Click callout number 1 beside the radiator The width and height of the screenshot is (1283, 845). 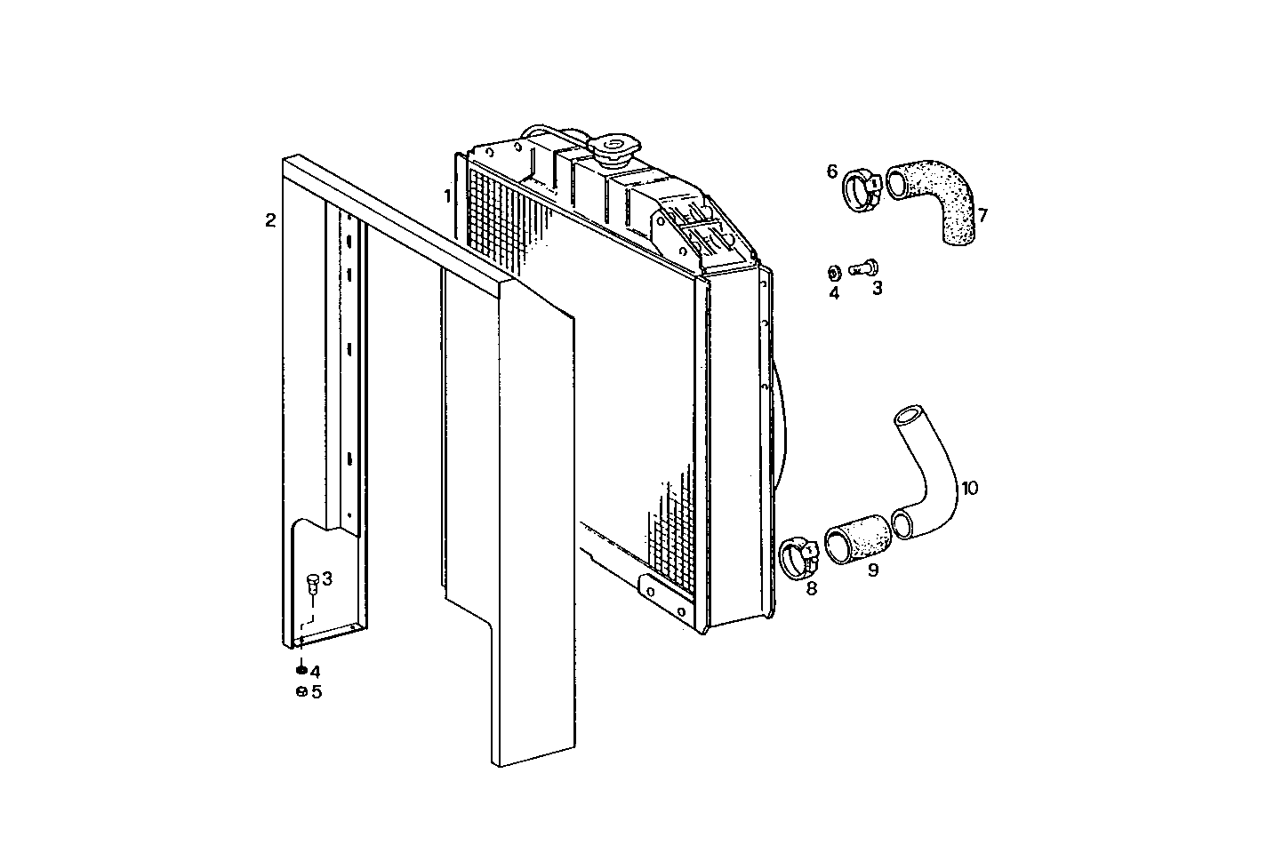[448, 195]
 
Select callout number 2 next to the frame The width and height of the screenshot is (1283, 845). [270, 220]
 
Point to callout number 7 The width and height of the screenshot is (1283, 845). [982, 216]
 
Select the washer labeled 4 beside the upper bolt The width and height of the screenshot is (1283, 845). [834, 270]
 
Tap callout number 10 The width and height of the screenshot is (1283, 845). [969, 488]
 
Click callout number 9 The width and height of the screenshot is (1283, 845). [873, 570]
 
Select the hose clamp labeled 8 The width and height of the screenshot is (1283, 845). [798, 556]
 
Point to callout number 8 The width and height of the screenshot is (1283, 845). [811, 587]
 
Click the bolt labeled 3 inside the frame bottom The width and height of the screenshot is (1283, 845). [312, 583]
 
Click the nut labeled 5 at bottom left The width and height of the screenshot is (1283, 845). [301, 692]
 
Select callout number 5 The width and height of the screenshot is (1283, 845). [317, 692]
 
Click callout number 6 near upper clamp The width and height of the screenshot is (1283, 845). [832, 171]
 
